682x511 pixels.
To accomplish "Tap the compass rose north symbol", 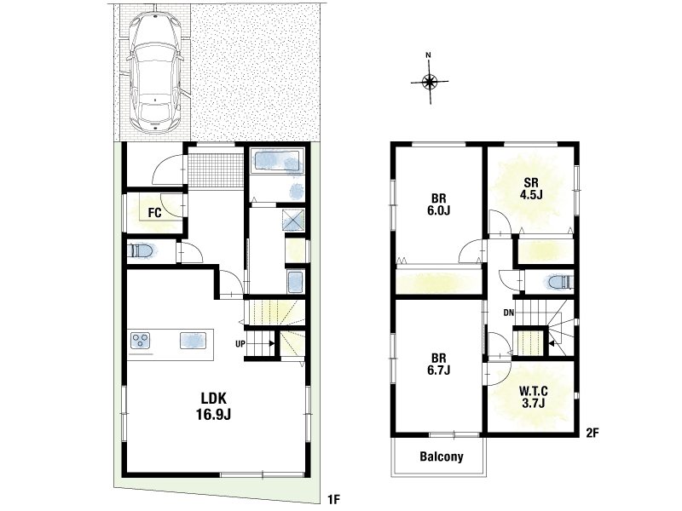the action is tap(430, 79).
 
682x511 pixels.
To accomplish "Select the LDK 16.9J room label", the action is tap(213, 406).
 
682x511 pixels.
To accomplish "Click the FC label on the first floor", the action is tap(154, 213).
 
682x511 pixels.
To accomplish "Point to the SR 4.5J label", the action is tap(531, 188).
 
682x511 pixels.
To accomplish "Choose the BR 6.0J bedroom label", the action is tap(439, 204).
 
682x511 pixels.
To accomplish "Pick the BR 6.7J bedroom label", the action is tap(439, 365).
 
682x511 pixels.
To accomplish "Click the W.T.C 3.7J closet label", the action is tap(534, 397).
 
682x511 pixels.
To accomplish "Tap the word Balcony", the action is tap(441, 456).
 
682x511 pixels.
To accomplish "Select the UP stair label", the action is tap(240, 344).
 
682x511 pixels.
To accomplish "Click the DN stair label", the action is tap(508, 312).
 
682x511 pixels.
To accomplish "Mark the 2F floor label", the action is tap(592, 433).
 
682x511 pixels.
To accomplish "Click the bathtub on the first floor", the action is tap(277, 162).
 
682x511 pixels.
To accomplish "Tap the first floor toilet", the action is tap(142, 251).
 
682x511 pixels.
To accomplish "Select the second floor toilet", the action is tap(559, 283).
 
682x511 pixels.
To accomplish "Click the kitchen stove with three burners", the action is tap(141, 340).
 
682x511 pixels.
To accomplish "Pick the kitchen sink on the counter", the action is tap(194, 340).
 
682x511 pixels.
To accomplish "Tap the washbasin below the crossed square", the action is tap(295, 282).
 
